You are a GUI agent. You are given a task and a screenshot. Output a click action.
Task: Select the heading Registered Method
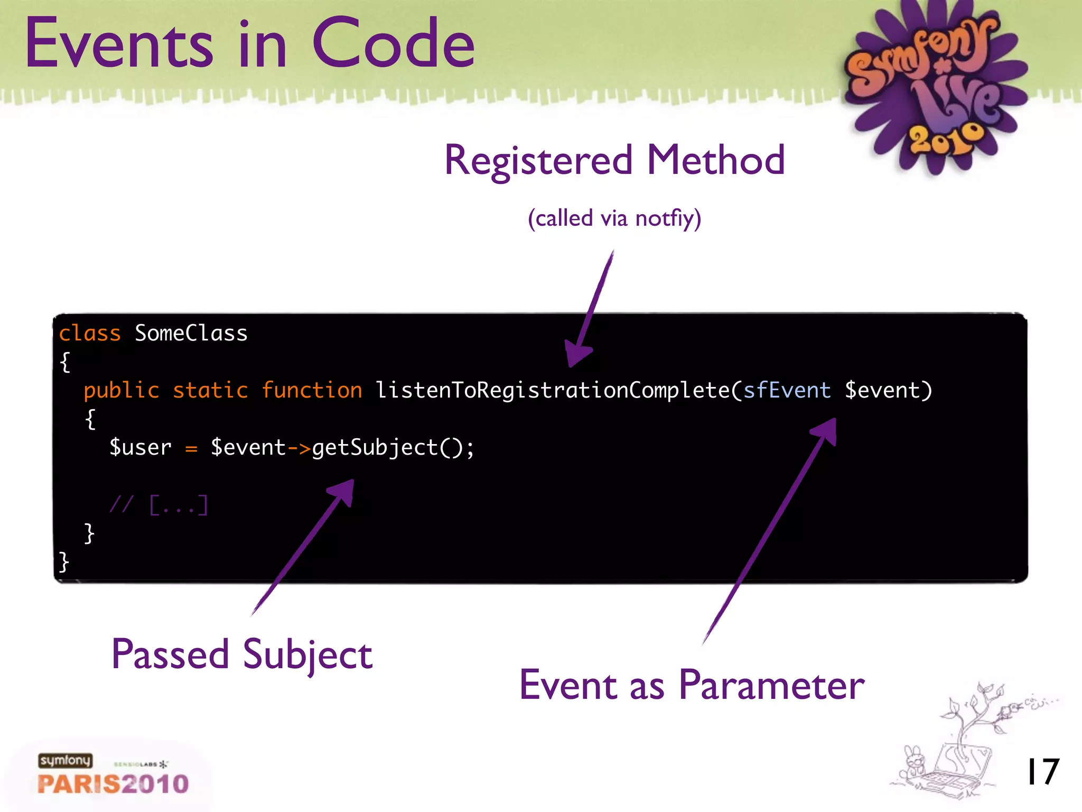coord(614,160)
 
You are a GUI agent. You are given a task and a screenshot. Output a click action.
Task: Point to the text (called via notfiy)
coord(614,218)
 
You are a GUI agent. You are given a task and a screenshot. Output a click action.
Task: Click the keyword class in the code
coord(90,334)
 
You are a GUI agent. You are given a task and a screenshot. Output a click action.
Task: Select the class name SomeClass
coord(191,334)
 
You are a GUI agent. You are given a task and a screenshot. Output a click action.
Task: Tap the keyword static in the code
coord(210,391)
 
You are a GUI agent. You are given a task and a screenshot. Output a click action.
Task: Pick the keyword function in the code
coord(312,391)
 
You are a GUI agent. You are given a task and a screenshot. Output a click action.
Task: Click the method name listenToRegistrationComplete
coord(552,391)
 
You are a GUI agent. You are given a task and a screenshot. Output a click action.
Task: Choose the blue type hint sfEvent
coord(787,391)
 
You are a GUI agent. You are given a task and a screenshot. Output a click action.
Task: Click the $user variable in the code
coord(141,448)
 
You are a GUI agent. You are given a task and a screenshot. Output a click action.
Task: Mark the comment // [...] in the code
coord(159,505)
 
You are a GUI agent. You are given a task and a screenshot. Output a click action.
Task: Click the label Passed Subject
coord(242,654)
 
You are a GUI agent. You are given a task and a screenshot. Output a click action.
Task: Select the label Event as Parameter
coord(692,685)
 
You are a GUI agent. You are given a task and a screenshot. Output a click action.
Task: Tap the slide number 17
coord(1042,772)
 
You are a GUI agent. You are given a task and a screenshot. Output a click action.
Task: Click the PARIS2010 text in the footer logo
coord(113,784)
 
